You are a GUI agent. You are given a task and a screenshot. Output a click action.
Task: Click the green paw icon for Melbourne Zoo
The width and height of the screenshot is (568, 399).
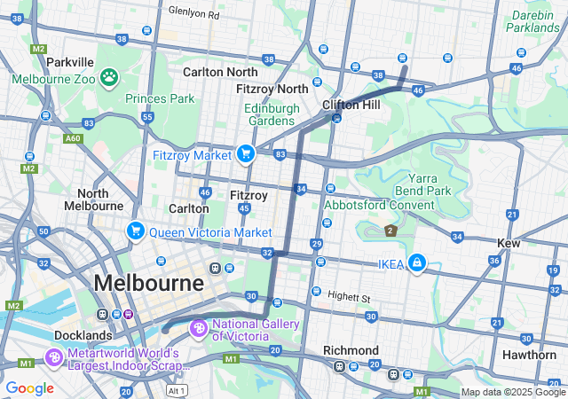[109, 77]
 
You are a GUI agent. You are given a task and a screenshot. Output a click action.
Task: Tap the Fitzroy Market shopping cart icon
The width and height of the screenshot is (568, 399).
[245, 154]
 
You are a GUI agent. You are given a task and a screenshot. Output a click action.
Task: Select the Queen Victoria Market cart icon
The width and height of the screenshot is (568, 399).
[136, 231]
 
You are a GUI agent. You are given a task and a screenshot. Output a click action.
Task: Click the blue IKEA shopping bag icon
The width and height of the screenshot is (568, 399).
[416, 263]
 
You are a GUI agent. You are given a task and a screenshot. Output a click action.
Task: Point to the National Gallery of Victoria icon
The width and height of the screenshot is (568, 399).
[199, 330]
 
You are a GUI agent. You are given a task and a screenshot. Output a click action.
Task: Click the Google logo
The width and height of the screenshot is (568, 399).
[29, 388]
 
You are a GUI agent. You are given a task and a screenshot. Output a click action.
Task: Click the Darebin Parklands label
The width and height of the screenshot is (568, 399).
[540, 21]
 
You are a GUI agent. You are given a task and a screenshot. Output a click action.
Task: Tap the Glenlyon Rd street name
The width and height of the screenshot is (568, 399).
[193, 14]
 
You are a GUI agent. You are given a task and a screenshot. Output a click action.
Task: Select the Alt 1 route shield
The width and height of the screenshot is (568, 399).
[177, 390]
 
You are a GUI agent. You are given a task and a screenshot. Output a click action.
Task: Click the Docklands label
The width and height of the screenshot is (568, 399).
[82, 336]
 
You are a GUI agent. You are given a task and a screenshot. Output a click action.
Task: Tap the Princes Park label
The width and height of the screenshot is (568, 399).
[160, 98]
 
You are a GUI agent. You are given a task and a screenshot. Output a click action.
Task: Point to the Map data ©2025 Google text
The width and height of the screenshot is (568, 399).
[512, 392]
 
